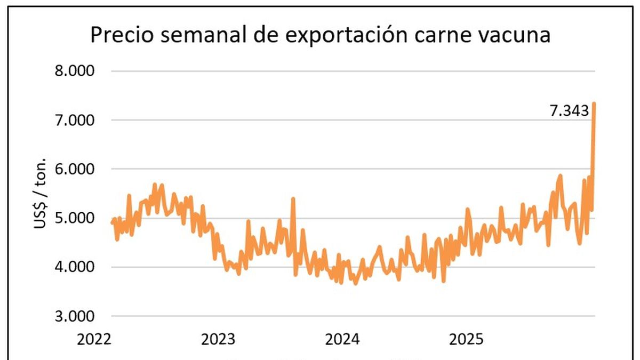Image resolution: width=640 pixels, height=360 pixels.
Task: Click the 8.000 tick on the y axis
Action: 75,71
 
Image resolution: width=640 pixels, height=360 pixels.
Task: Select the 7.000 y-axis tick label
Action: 75,120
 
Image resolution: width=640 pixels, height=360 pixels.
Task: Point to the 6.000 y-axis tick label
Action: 75,169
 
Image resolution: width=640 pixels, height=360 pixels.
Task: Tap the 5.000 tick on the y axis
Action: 75,218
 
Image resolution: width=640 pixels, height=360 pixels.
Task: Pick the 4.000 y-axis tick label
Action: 75,267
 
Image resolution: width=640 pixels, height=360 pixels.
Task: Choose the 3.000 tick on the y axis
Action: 75,316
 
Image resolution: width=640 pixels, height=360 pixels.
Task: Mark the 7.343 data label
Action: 569,111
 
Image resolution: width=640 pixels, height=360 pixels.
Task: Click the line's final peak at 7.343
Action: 594,103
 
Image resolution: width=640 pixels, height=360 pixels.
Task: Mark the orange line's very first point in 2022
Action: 112,223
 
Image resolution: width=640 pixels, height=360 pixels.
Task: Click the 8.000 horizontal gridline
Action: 352,71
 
